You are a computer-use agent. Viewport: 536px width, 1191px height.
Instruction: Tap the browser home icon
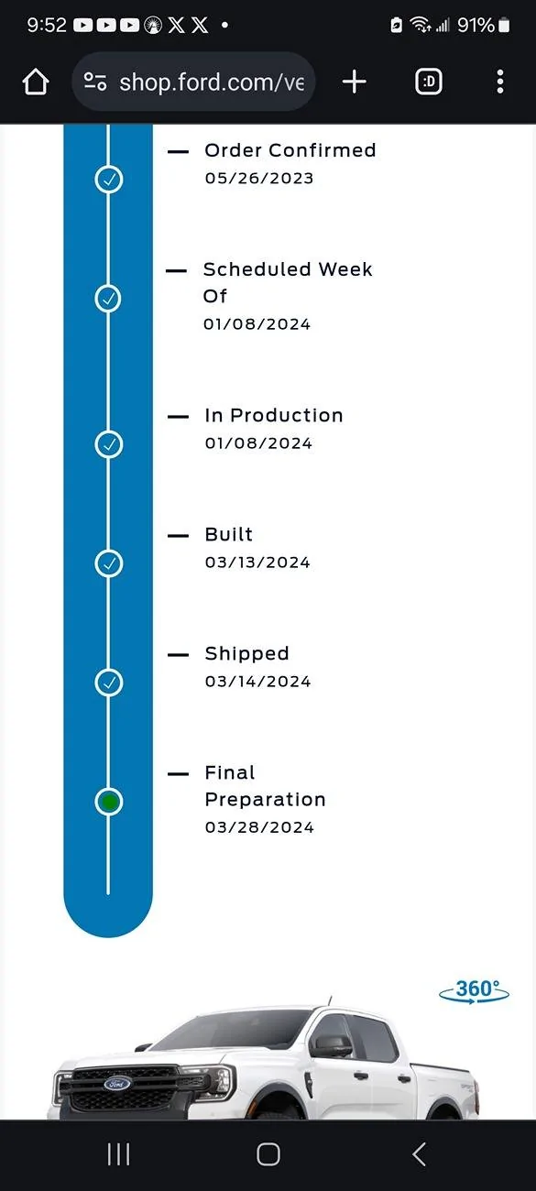[x=36, y=82]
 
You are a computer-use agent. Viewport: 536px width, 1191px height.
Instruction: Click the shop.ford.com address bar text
[x=212, y=82]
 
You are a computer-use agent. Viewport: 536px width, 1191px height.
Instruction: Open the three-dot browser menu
[x=500, y=82]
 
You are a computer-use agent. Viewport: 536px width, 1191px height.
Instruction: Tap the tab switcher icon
[x=429, y=82]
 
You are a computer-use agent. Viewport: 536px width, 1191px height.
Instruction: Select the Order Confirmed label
[x=290, y=150]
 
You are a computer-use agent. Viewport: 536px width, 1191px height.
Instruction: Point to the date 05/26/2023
[x=259, y=178]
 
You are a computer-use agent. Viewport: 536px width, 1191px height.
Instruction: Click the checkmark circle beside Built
[x=109, y=563]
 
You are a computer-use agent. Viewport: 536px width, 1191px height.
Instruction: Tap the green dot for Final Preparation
[x=109, y=802]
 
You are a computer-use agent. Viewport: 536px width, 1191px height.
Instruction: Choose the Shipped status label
[x=247, y=653]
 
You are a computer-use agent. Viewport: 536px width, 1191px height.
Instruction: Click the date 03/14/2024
[x=257, y=682]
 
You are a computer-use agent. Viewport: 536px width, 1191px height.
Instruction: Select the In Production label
[x=274, y=415]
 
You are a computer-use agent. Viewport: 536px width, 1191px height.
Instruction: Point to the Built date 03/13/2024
[x=257, y=563]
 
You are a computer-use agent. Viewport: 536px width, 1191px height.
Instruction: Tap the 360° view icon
[x=475, y=991]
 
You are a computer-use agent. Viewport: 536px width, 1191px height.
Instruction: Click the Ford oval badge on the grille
[x=117, y=1084]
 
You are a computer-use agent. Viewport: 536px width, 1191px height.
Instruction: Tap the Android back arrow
[x=419, y=1154]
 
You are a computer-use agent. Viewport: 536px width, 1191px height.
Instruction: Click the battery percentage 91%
[x=476, y=25]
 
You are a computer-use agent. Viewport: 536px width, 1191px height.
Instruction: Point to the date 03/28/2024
[x=259, y=827]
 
